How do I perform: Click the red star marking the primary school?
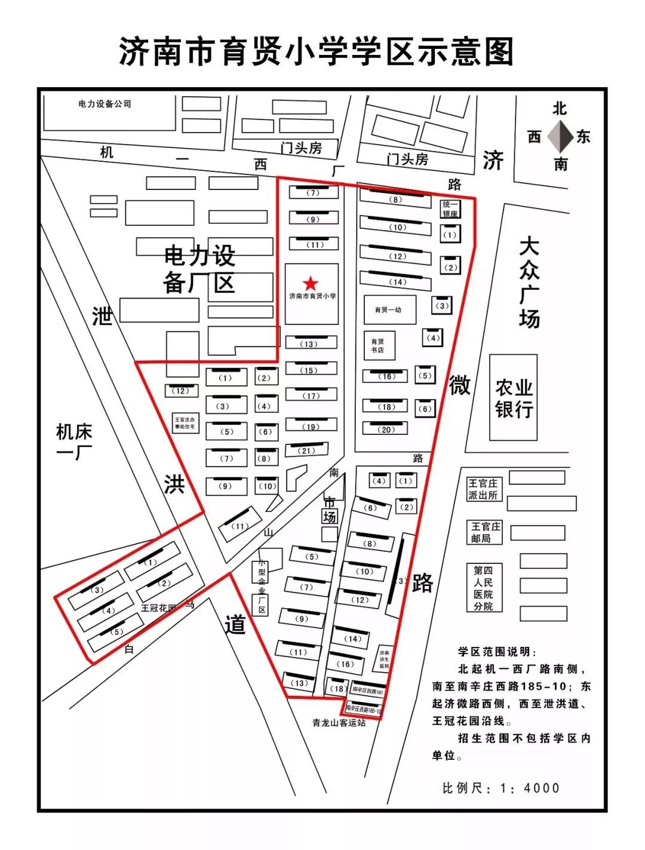[x=311, y=283]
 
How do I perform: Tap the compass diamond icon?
[x=559, y=136]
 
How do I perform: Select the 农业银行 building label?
[x=513, y=398]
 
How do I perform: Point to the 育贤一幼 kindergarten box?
[x=389, y=309]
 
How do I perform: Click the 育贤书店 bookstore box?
[x=379, y=346]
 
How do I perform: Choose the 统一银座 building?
[x=450, y=209]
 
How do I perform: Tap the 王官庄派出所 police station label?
[x=483, y=489]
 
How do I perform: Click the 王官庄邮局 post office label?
[x=485, y=532]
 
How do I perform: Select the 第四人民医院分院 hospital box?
[x=484, y=588]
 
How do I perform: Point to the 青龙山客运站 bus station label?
[x=339, y=723]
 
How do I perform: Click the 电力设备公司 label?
[x=105, y=104]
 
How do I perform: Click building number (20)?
[x=386, y=429]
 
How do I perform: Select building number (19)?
[x=311, y=426]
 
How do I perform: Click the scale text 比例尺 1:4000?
[x=500, y=788]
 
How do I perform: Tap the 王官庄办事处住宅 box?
[x=185, y=424]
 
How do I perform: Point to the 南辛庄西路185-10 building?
[x=363, y=711]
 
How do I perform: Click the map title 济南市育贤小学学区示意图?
[x=317, y=51]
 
